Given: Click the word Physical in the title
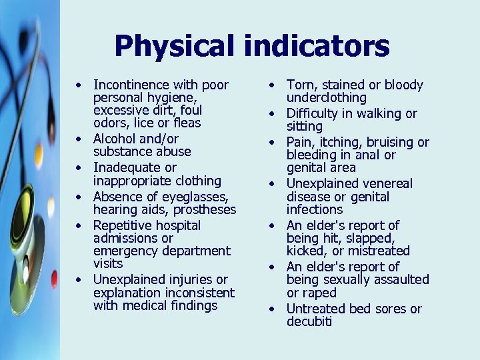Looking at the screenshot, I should tap(174, 47).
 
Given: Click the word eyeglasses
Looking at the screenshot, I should tap(194, 197).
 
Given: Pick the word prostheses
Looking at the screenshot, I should tap(205, 209).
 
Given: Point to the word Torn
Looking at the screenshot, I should tap(300, 85).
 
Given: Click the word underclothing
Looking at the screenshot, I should tap(327, 97).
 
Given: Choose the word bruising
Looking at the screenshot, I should tap(383, 142).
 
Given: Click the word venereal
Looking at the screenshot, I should tap(386, 183).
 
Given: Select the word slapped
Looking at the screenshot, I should tap(371, 238).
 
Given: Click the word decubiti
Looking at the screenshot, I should tap(309, 321).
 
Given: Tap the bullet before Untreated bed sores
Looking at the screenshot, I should tap(273, 309).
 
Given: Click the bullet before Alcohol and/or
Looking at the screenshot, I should tap(80, 139).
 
